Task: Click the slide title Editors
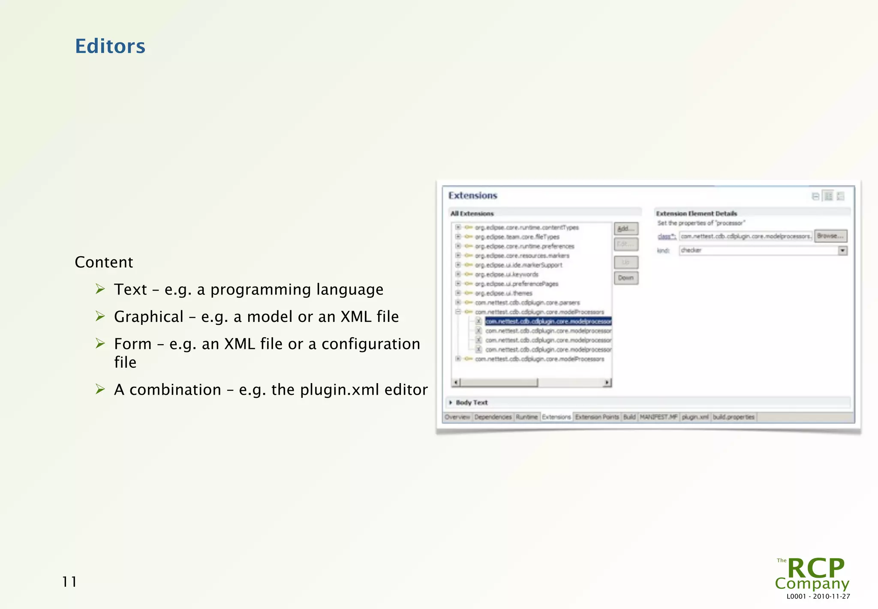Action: (110, 46)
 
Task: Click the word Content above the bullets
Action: (104, 262)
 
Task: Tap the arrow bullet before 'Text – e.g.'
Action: (100, 289)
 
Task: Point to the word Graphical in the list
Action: (149, 317)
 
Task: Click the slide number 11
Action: (69, 582)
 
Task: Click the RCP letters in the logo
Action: (816, 569)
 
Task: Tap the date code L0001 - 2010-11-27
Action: (818, 596)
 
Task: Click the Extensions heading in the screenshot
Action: (472, 195)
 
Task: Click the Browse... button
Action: (830, 236)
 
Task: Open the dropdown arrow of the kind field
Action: (842, 250)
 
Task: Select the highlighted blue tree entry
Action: (548, 321)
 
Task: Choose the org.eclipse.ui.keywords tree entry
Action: (506, 274)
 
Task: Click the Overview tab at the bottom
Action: (457, 417)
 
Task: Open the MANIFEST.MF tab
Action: (658, 417)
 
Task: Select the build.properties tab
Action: (734, 417)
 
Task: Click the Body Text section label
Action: (472, 402)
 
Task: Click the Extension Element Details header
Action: (696, 213)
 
